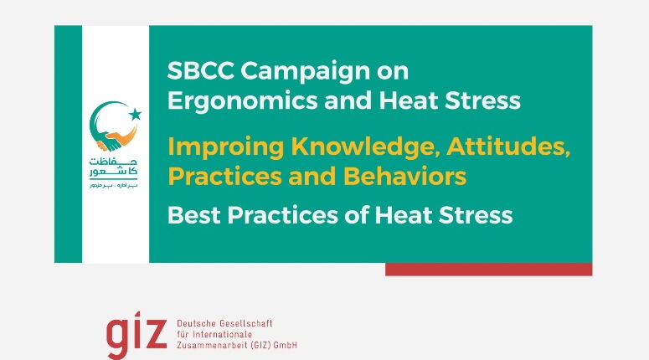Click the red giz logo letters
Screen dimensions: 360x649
coord(136,334)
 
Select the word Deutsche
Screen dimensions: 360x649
coord(199,323)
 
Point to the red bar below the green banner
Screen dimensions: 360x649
coord(488,270)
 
